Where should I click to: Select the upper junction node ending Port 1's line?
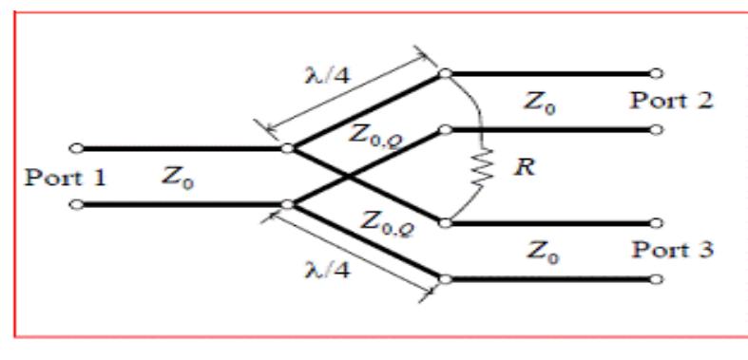coord(287,148)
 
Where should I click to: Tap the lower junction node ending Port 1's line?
coord(287,203)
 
